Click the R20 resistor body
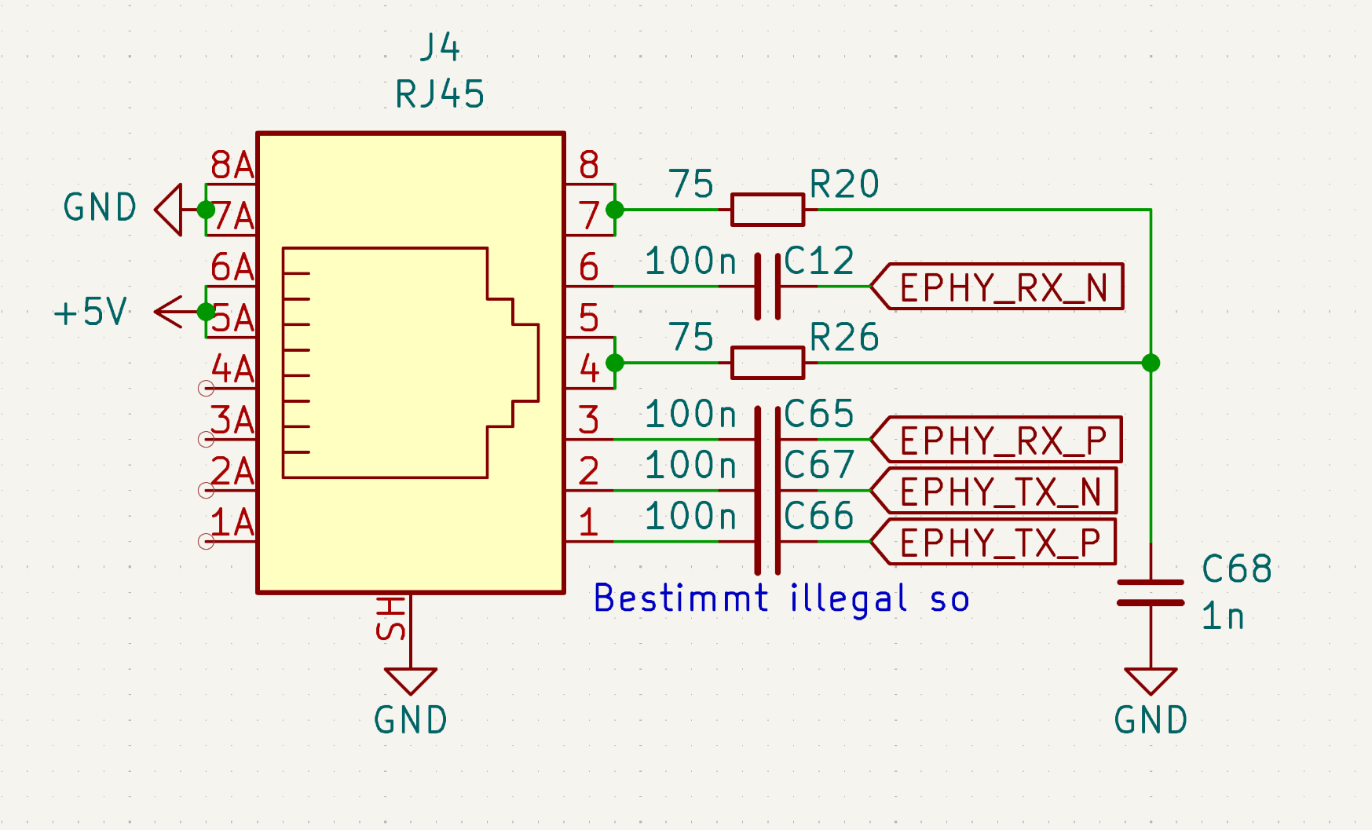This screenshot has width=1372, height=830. [767, 210]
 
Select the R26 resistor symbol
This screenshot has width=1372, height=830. [767, 363]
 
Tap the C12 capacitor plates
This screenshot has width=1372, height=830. [767, 287]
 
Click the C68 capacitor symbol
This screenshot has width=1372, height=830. [1151, 592]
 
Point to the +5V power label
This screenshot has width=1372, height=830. [90, 312]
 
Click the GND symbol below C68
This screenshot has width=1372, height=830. [1151, 681]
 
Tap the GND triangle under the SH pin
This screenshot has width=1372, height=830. [410, 680]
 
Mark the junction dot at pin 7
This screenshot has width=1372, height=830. [615, 210]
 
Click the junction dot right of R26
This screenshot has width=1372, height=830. [1151, 363]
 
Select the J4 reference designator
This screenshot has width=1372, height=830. [440, 47]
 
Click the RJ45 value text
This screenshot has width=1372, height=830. [440, 94]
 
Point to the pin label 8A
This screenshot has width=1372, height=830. [232, 166]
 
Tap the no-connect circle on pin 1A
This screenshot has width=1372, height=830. [206, 541]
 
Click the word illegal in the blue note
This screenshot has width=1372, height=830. [848, 598]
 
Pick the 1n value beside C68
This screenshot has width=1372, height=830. [1223, 616]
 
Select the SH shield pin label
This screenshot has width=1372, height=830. [391, 618]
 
